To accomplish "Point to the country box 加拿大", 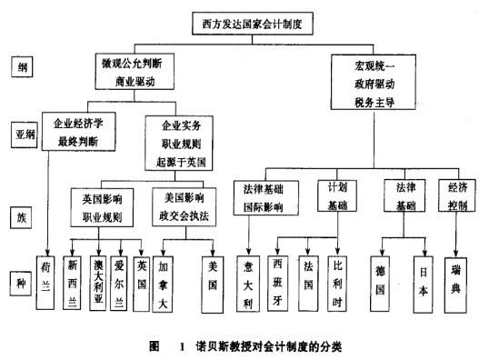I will click(164, 274).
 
